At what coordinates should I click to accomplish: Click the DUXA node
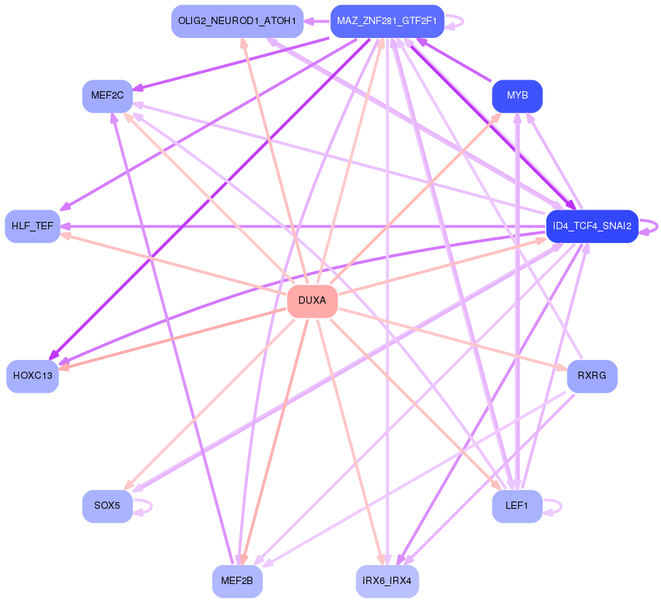(312, 301)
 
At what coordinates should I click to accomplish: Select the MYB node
(517, 96)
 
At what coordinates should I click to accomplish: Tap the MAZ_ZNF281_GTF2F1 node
(387, 21)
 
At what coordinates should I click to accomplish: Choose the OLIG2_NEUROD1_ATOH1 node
(237, 21)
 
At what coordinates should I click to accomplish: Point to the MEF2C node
(107, 96)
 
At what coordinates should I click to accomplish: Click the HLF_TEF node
(32, 226)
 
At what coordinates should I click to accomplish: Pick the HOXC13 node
(32, 376)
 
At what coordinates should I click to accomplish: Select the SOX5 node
(107, 506)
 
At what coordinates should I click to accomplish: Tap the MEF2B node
(237, 581)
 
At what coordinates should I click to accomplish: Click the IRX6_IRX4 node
(387, 581)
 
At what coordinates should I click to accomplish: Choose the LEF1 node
(517, 506)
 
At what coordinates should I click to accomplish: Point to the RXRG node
(592, 376)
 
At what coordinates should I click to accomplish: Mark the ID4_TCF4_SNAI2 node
(592, 226)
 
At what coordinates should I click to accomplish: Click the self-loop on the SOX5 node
(143, 507)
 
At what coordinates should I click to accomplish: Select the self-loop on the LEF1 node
(553, 507)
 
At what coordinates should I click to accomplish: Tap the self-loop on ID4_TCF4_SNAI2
(649, 226)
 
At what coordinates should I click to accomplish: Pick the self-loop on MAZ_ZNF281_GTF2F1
(455, 21)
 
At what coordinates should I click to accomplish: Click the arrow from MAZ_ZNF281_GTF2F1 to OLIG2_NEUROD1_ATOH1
(317, 21)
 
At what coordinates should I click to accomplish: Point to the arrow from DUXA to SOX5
(209, 404)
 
